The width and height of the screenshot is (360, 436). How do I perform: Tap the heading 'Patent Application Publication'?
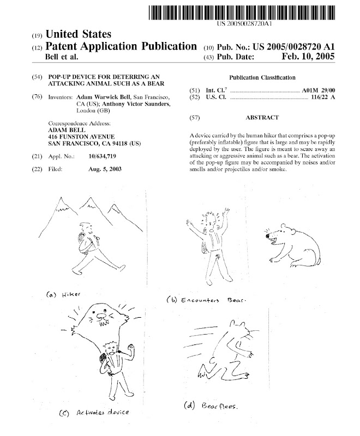tap(122, 46)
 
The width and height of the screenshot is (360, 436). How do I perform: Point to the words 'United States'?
tap(79, 35)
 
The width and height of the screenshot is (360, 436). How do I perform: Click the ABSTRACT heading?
tap(262, 118)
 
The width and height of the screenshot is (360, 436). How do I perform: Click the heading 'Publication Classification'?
tap(263, 78)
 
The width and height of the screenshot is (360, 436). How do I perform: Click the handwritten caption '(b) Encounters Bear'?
tap(207, 300)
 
